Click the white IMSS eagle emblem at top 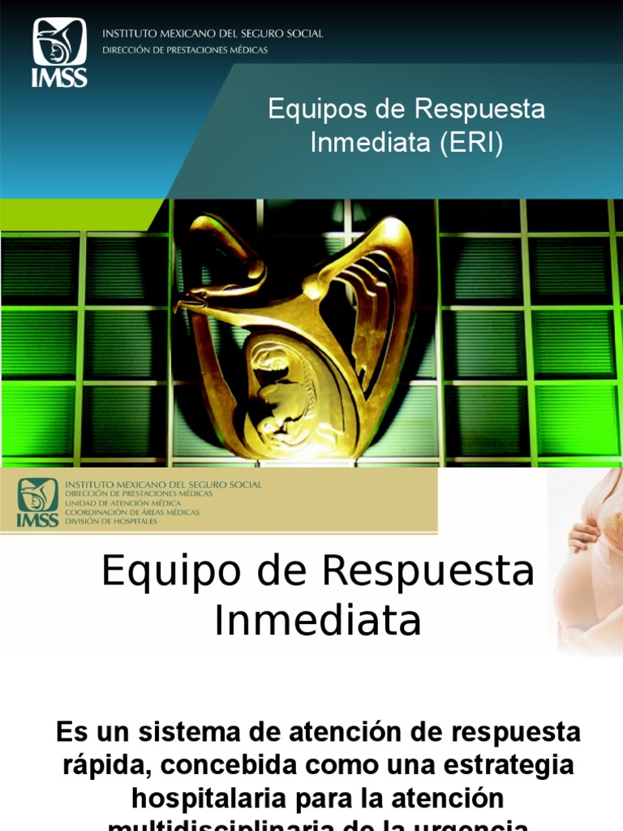coord(59,42)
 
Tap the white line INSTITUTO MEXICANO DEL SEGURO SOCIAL coord(212,34)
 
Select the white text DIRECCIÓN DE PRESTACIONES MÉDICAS coord(184,50)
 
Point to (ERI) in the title coord(472,143)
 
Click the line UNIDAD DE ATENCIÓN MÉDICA coord(132,503)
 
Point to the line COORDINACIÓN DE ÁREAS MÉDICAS coord(132,512)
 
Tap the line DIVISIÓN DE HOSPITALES coord(111,521)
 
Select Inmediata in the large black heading coord(317,622)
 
